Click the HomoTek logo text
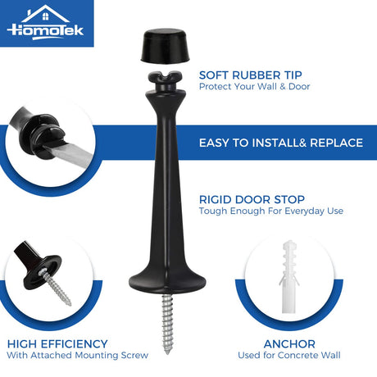pyautogui.click(x=45, y=30)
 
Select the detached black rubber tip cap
pyautogui.click(x=166, y=45)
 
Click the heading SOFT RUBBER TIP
pyautogui.click(x=251, y=75)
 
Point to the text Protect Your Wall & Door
pyautogui.click(x=254, y=87)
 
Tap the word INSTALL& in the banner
pyautogui.click(x=279, y=143)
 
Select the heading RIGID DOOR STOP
pyautogui.click(x=252, y=199)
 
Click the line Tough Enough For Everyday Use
pyautogui.click(x=271, y=211)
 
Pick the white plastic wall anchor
pyautogui.click(x=289, y=276)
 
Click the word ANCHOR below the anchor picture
pyautogui.click(x=289, y=344)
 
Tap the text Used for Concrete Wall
pyautogui.click(x=289, y=355)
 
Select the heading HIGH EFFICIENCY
pyautogui.click(x=57, y=344)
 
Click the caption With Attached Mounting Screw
pyautogui.click(x=78, y=355)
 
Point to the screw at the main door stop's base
pyautogui.click(x=167, y=324)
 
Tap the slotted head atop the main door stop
pyautogui.click(x=165, y=76)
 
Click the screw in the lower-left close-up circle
pyautogui.click(x=57, y=286)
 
